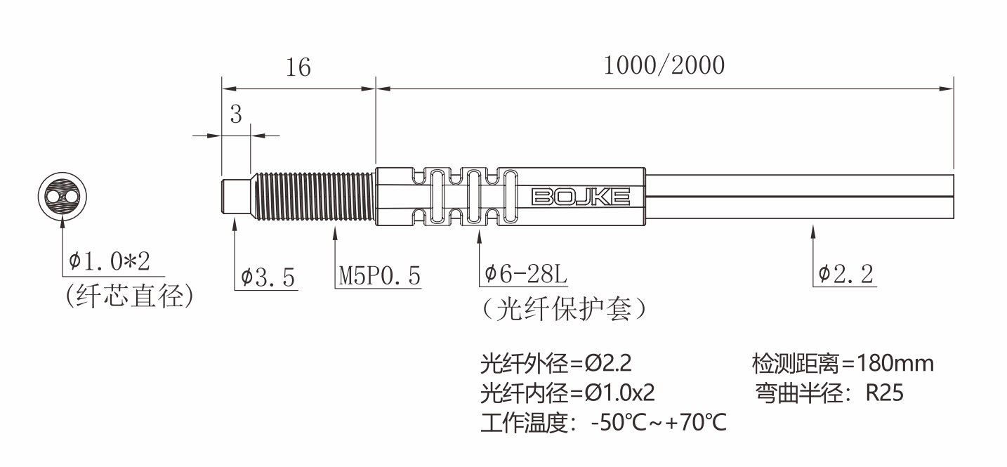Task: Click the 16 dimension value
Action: [298, 67]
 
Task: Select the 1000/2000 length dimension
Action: [664, 65]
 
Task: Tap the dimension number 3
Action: [236, 114]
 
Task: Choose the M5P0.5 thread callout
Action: [379, 277]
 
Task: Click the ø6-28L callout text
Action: [526, 275]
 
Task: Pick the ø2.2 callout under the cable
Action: [846, 274]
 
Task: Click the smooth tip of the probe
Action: [236, 197]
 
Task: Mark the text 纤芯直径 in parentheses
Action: [129, 296]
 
